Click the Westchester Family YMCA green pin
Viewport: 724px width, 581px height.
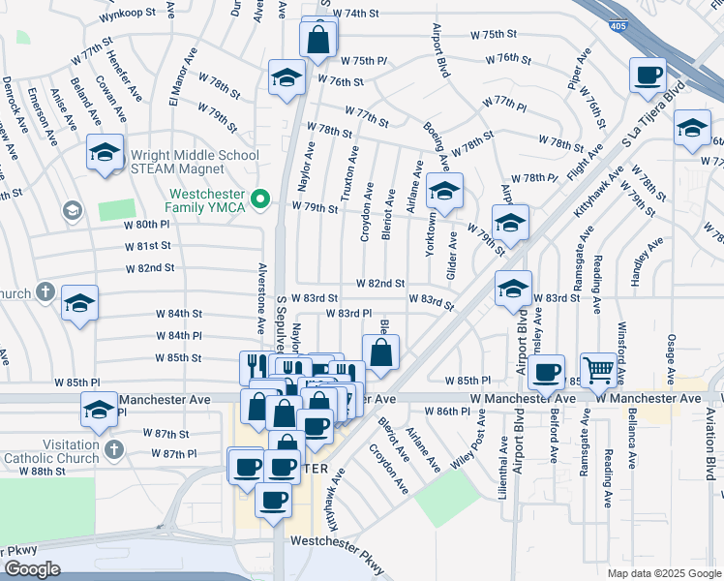pos(259,200)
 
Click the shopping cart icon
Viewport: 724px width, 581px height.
pos(599,369)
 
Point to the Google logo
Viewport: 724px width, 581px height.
pos(31,569)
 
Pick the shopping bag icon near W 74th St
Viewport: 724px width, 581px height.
pos(318,41)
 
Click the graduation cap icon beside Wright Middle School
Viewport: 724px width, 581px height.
pos(106,152)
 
